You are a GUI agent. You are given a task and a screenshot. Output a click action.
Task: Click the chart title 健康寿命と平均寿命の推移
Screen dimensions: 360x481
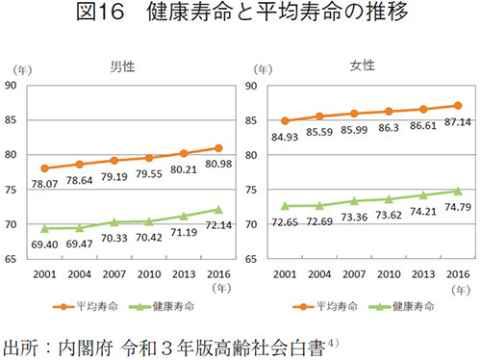(240, 15)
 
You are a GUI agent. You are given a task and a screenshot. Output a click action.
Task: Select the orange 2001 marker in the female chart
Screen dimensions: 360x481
(286, 121)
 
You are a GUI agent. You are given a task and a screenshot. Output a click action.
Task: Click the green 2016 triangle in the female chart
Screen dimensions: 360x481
(458, 191)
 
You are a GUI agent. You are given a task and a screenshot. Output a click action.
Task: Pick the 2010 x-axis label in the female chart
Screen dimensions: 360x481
(389, 273)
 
